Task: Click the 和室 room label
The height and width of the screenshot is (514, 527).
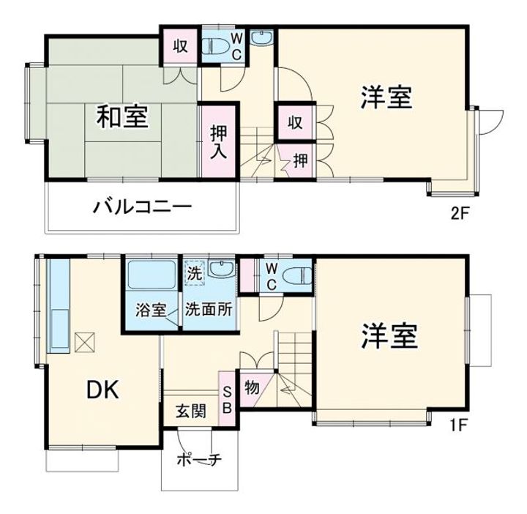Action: click(x=122, y=116)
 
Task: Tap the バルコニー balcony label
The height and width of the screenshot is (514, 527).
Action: click(x=142, y=207)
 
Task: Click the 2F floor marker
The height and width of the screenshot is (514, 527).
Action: click(x=459, y=215)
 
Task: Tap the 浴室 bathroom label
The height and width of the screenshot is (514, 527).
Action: click(x=150, y=309)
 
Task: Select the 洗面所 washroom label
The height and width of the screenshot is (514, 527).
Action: click(x=209, y=309)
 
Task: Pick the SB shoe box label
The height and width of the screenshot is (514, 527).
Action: click(x=227, y=399)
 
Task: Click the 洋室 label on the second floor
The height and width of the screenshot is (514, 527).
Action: click(x=385, y=97)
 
